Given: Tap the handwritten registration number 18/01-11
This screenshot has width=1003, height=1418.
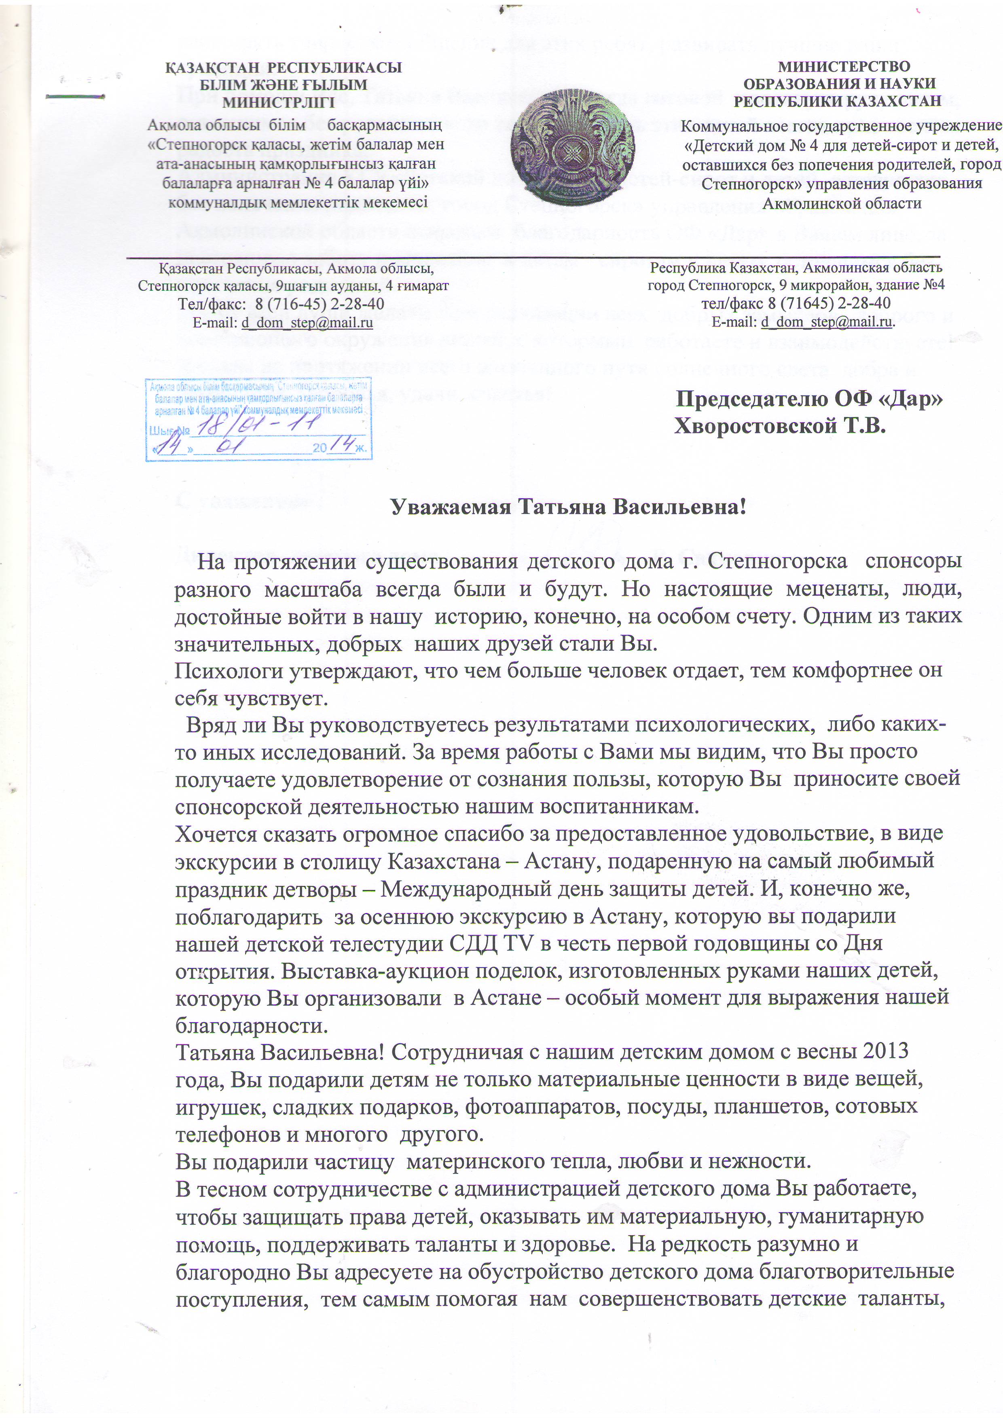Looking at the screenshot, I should tap(259, 425).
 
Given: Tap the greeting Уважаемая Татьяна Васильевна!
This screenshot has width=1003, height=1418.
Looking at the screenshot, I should tap(569, 508).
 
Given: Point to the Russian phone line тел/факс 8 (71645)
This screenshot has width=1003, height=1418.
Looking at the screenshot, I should tap(796, 303).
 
